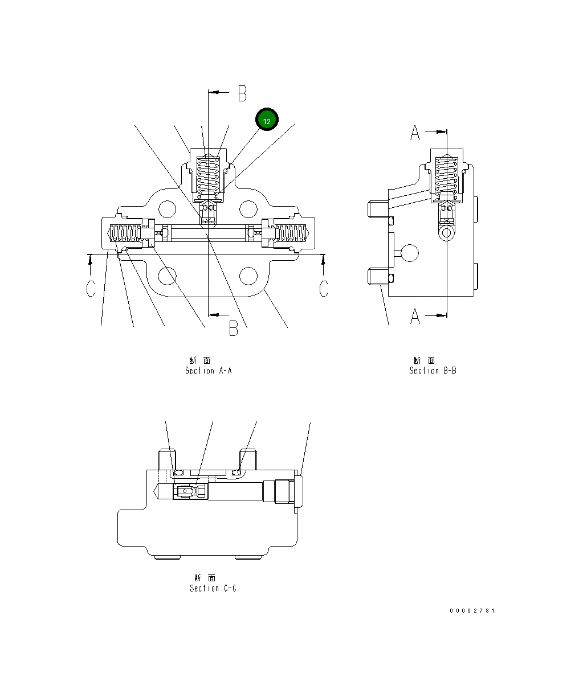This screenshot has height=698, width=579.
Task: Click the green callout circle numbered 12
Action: (267, 120)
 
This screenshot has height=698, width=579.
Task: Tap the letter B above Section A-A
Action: (242, 93)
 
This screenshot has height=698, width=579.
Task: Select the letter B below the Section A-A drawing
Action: (234, 328)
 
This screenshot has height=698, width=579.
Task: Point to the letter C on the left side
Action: (91, 288)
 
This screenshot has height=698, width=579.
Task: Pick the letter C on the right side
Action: (324, 288)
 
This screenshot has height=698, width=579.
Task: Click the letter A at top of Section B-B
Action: (415, 133)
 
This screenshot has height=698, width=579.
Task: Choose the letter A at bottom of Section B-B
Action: (415, 316)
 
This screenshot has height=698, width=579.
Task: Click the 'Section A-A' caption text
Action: (208, 371)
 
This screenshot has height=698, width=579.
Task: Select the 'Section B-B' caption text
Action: (433, 371)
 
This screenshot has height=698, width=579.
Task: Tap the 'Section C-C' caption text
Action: (213, 588)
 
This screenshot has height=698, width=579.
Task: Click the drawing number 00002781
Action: (472, 611)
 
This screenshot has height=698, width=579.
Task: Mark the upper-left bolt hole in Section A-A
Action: (167, 209)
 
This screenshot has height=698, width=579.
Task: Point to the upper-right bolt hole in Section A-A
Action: (248, 209)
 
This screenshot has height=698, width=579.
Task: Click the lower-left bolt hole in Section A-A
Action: (167, 276)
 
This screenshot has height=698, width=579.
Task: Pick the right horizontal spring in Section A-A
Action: (291, 233)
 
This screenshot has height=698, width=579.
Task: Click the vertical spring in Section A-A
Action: (208, 175)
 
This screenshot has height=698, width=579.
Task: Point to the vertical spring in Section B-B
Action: (446, 175)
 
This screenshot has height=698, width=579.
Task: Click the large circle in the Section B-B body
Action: (410, 253)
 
